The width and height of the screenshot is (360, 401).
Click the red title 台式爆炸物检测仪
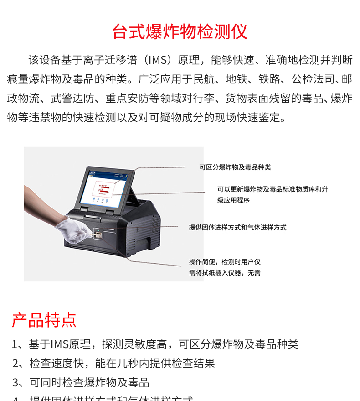click(180, 32)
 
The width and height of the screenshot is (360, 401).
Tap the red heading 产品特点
click(44, 320)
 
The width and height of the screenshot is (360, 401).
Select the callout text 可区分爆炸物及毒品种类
click(235, 167)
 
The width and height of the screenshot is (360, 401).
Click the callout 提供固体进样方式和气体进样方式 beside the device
click(237, 227)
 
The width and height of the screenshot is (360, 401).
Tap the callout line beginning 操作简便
click(225, 262)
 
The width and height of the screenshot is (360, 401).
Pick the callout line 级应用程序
click(233, 200)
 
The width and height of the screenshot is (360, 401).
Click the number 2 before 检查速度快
click(15, 364)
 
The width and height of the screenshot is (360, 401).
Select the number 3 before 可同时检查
click(15, 383)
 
